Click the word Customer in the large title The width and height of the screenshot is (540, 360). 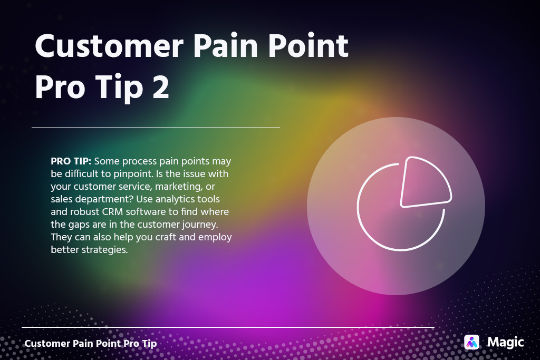(109, 46)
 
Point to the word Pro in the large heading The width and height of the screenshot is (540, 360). (60, 87)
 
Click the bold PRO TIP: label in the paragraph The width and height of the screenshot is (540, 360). (71, 161)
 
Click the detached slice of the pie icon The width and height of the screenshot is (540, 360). (426, 182)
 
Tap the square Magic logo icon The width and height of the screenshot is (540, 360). (471, 342)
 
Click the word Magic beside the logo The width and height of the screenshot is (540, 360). (505, 342)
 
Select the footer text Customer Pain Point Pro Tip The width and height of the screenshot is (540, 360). (91, 344)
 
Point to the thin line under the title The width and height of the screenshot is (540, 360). (156, 128)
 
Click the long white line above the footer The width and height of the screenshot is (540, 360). (228, 327)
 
